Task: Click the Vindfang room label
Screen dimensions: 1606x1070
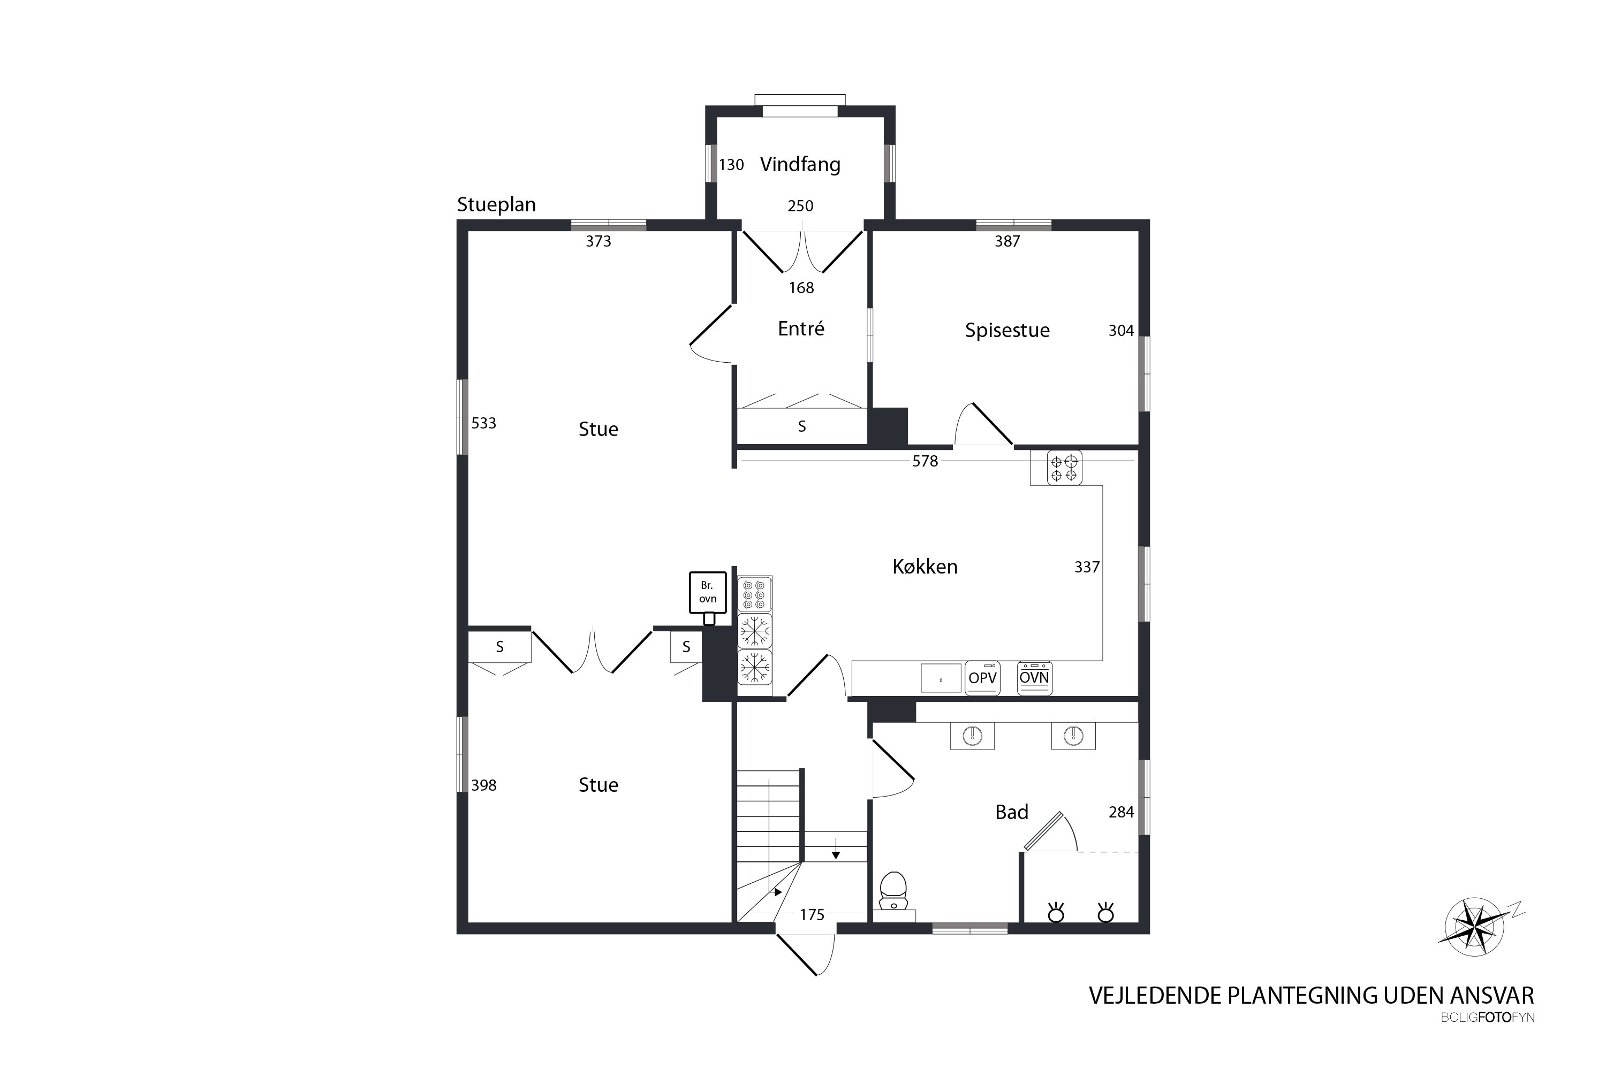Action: pyautogui.click(x=800, y=164)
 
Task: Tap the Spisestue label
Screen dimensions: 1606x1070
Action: pyautogui.click(x=1006, y=330)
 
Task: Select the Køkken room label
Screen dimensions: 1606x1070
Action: pyautogui.click(x=925, y=567)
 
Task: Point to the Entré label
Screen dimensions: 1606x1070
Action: pyautogui.click(x=801, y=328)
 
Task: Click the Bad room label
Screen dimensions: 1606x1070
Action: pyautogui.click(x=1011, y=812)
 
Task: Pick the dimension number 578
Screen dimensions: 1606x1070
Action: pyautogui.click(x=925, y=461)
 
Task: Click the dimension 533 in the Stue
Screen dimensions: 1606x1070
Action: pyautogui.click(x=483, y=423)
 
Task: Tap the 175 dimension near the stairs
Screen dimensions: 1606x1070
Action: pyautogui.click(x=812, y=915)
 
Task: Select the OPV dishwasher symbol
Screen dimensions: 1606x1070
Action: pyautogui.click(x=982, y=678)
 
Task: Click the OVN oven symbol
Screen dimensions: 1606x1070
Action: pyautogui.click(x=1034, y=678)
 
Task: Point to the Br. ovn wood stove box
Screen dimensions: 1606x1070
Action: pyautogui.click(x=707, y=592)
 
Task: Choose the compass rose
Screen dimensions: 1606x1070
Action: pyautogui.click(x=1475, y=927)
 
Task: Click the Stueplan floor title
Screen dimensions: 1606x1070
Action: pyautogui.click(x=496, y=205)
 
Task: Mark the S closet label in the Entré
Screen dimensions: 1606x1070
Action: pyautogui.click(x=801, y=426)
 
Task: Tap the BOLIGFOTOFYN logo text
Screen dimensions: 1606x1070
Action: pyautogui.click(x=1487, y=1018)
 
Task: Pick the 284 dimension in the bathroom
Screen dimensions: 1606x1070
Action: pyautogui.click(x=1120, y=812)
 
